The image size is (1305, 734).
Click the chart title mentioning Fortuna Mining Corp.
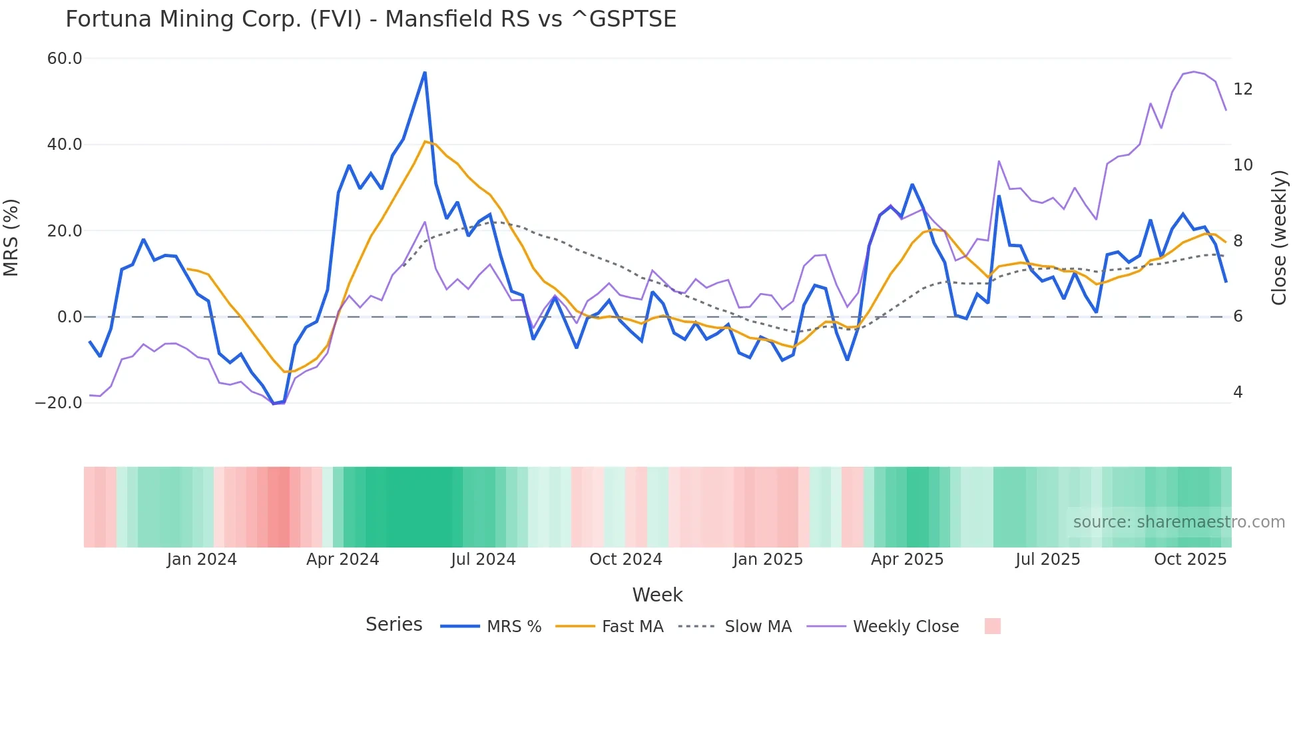pyautogui.click(x=371, y=19)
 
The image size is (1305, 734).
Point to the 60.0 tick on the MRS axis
pyautogui.click(x=65, y=59)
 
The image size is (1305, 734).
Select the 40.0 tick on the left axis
pyautogui.click(x=65, y=145)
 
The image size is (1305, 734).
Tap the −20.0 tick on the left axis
pyautogui.click(x=59, y=403)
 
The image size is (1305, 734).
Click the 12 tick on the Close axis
pyautogui.click(x=1242, y=89)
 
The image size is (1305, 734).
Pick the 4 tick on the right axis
pyautogui.click(x=1238, y=392)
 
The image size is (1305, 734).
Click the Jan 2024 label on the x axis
pyautogui.click(x=202, y=559)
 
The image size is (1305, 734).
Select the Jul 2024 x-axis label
pyautogui.click(x=483, y=559)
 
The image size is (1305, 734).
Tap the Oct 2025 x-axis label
pyautogui.click(x=1190, y=559)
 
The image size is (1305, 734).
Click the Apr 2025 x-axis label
pyautogui.click(x=907, y=559)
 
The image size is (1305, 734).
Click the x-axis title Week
pyautogui.click(x=657, y=595)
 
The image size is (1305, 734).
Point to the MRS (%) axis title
pyautogui.click(x=11, y=237)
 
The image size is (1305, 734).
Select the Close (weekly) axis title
pyautogui.click(x=1279, y=237)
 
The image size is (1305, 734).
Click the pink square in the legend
pyautogui.click(x=992, y=626)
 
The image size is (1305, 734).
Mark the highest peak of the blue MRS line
pyautogui.click(x=425, y=73)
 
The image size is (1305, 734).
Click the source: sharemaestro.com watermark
pyautogui.click(x=1178, y=522)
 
